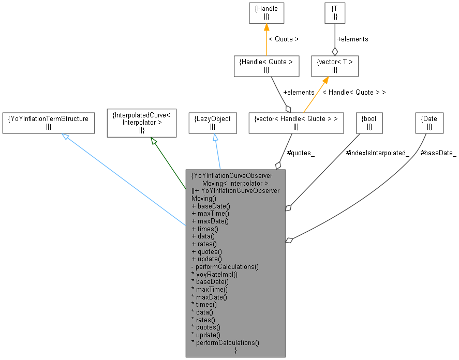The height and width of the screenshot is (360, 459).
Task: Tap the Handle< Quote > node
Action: tap(266, 66)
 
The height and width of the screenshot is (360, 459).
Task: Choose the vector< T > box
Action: tap(334, 66)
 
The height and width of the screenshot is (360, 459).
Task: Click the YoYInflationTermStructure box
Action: tap(48, 123)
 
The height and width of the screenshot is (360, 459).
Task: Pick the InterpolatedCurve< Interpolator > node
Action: tap(141, 123)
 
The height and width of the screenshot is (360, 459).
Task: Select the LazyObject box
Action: tap(212, 123)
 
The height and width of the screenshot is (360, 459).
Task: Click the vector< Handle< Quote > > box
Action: tap(295, 123)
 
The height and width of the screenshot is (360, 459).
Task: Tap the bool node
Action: tap(369, 123)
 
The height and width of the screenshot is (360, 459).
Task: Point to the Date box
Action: tap(430, 123)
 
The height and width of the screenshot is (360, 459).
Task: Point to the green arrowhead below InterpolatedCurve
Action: tap(153, 141)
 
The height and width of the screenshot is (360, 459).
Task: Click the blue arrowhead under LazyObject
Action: tap(215, 138)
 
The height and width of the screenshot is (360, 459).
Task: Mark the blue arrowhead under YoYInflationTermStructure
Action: tap(66, 137)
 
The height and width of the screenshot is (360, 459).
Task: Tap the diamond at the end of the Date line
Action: tap(289, 240)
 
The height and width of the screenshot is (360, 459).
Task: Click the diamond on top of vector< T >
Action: tap(335, 51)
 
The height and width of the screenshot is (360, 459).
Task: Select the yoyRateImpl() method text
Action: tap(214, 274)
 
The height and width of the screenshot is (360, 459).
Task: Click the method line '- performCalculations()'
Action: tap(225, 266)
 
